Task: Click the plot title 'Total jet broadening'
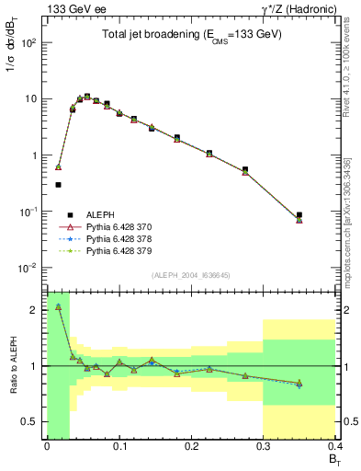click(189, 35)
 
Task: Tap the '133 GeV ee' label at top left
click(70, 8)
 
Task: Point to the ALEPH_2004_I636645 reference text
click(190, 275)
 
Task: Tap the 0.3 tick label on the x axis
click(264, 448)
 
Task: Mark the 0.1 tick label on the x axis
click(118, 448)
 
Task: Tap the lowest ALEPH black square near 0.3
click(59, 185)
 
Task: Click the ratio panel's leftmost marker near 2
click(59, 306)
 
